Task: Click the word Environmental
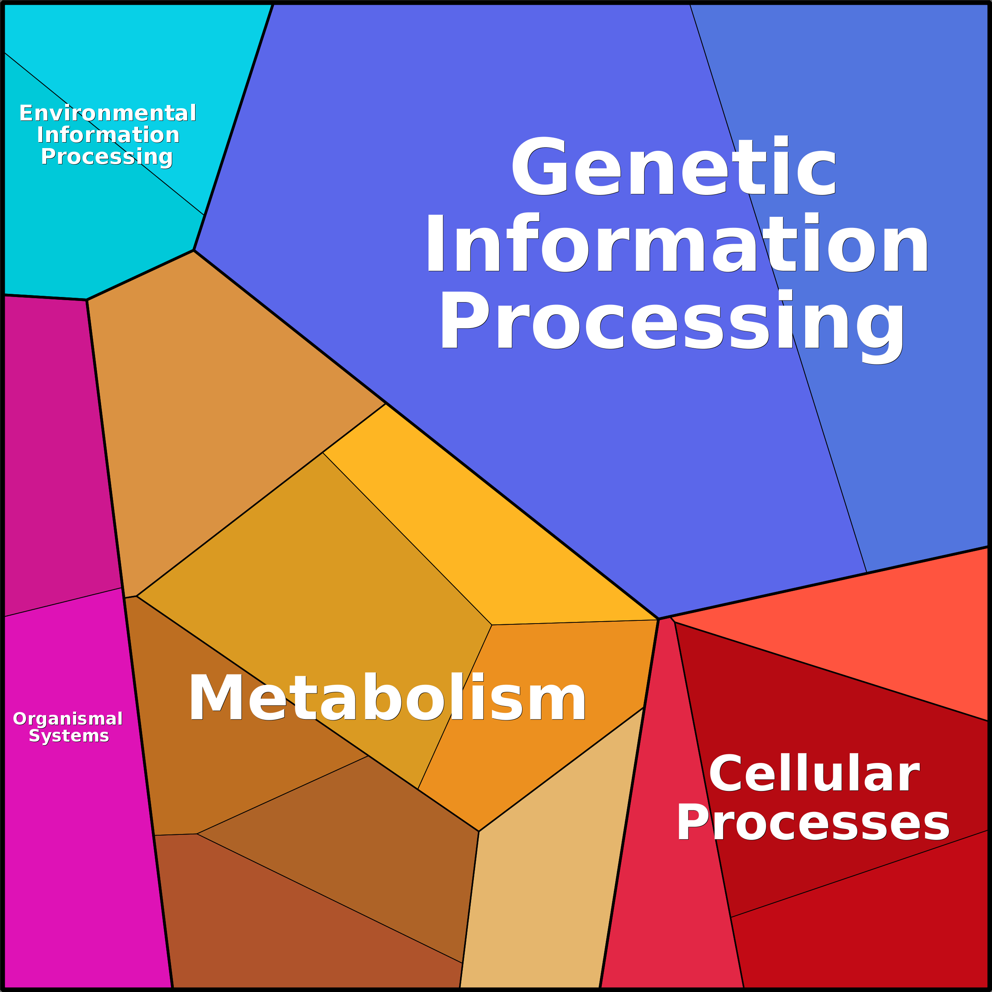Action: click(x=108, y=113)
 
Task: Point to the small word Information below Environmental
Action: click(x=108, y=135)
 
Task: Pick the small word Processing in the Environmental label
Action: click(x=107, y=157)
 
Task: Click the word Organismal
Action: click(x=68, y=718)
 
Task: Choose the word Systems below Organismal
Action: click(x=69, y=735)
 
